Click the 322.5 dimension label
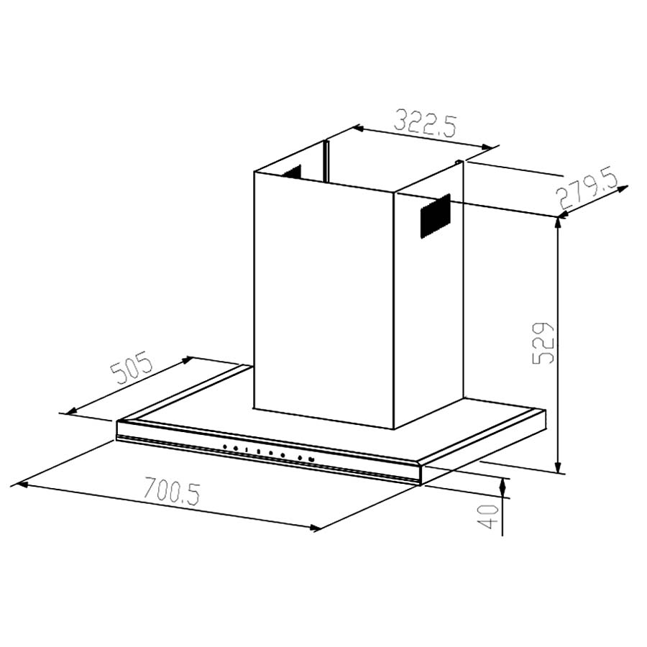click(426, 122)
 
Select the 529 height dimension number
click(542, 342)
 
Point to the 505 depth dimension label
click(132, 367)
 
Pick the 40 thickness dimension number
click(488, 516)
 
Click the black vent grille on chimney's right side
click(436, 216)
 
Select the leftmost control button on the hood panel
click(225, 446)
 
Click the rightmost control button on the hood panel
click(311, 459)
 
